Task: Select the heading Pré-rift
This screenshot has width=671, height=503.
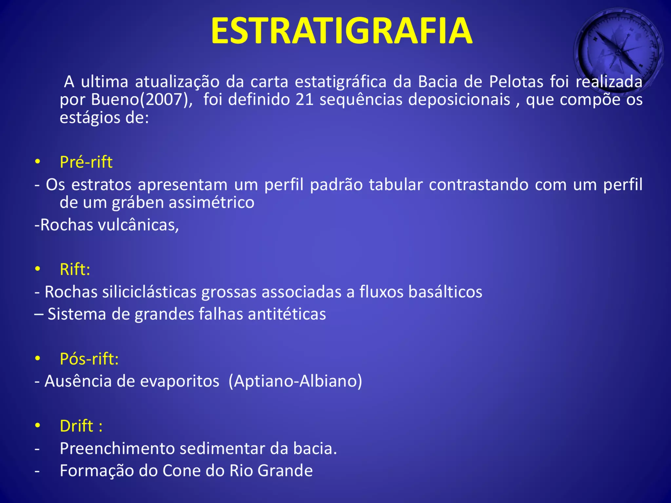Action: [86, 162]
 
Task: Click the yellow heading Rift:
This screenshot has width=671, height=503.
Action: [75, 269]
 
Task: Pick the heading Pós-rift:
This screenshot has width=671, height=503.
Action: [89, 359]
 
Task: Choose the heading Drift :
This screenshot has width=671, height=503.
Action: [81, 426]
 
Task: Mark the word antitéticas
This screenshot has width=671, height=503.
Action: [287, 314]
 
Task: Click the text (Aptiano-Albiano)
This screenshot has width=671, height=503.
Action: [295, 381]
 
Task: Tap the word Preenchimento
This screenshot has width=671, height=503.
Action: [117, 448]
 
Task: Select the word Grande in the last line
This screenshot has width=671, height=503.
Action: [285, 471]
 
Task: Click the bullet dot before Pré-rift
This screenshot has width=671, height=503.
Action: [38, 162]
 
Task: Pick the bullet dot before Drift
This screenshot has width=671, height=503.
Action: [38, 426]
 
